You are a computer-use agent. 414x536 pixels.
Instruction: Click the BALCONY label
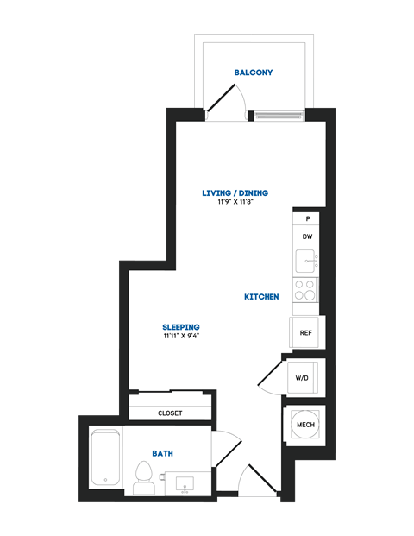254,73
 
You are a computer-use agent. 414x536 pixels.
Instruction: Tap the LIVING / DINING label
234,192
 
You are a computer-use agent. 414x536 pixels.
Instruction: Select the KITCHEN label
261,297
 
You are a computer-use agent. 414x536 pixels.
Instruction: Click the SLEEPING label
181,327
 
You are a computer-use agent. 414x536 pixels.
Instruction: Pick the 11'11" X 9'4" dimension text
181,337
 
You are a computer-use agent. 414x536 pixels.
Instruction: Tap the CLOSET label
170,413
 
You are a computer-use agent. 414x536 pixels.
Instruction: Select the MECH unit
305,426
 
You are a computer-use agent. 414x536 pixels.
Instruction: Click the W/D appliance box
303,378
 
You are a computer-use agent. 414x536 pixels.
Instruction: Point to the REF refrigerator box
305,332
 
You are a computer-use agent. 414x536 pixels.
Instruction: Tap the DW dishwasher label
306,236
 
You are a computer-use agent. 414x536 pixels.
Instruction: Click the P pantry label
307,219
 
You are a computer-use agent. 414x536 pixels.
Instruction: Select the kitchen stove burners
304,289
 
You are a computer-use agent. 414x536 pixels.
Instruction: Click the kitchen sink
306,260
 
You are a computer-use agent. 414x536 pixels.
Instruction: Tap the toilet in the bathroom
144,477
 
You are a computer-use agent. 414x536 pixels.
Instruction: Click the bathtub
105,457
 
